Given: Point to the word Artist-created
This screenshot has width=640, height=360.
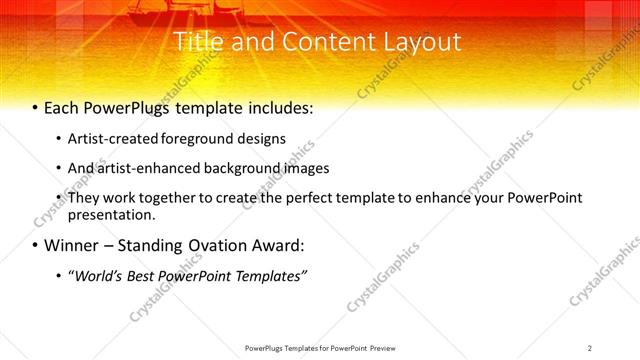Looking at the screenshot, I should click(112, 138).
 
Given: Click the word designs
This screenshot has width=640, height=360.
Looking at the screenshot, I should click(261, 138).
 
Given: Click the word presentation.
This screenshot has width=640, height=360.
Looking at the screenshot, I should click(112, 214).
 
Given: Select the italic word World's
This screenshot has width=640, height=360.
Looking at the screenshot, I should click(93, 275).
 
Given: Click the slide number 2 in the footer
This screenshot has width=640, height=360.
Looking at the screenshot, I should click(590, 347).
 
